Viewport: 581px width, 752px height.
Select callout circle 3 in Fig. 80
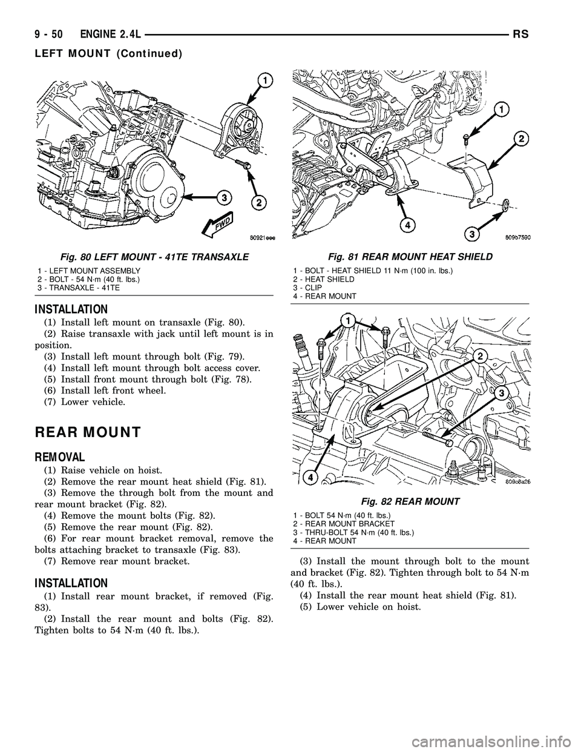point(223,197)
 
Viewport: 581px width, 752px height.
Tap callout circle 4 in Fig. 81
point(410,225)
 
